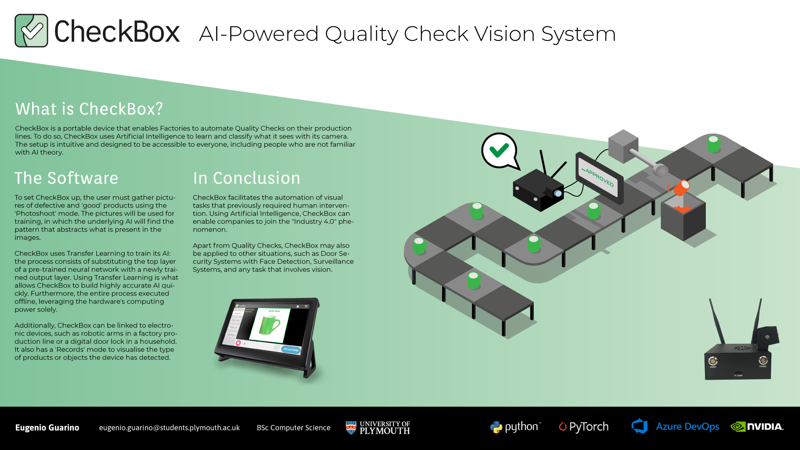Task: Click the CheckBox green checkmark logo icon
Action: [31, 30]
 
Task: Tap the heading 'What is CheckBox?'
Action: [89, 109]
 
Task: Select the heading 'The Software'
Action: [66, 178]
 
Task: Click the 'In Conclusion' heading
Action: [246, 178]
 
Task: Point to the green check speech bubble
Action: [499, 150]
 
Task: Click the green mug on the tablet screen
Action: [269, 325]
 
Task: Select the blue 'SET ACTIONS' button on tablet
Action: [291, 350]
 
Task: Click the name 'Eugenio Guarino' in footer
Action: [47, 427]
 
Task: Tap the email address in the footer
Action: [169, 427]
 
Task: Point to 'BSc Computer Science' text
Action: [293, 427]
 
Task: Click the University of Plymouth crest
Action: [351, 427]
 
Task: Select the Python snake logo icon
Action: [496, 427]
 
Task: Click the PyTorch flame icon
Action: [562, 427]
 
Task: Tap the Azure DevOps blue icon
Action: [640, 426]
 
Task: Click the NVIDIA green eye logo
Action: [737, 427]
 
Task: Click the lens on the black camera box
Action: [558, 194]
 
